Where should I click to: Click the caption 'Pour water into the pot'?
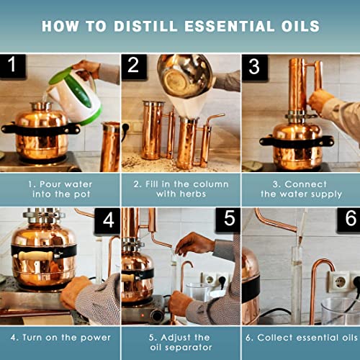tap(60, 189)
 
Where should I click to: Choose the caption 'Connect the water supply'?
tap(300, 189)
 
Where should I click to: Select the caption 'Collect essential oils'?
tap(300, 337)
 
